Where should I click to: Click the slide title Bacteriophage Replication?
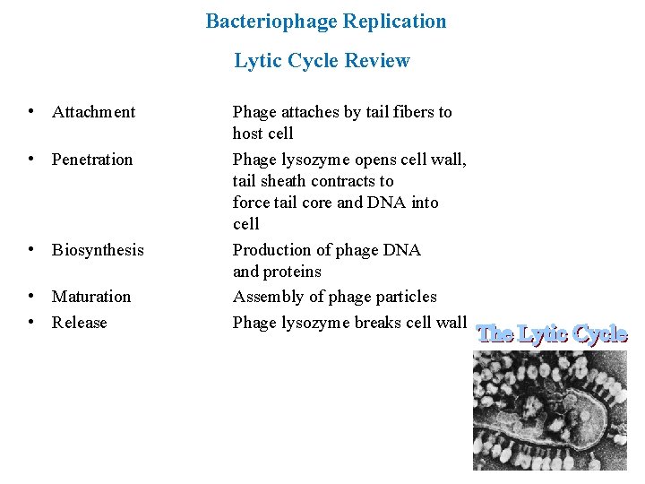click(x=325, y=21)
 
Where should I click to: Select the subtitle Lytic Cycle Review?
click(x=322, y=61)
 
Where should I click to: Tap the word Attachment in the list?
click(x=93, y=112)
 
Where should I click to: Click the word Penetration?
click(x=91, y=160)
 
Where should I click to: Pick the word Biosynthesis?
click(x=97, y=250)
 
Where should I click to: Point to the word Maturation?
click(x=90, y=297)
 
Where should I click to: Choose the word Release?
click(x=79, y=323)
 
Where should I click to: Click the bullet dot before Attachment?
click(x=31, y=112)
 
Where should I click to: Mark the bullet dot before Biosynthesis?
click(x=31, y=249)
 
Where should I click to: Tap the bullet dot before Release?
click(x=31, y=322)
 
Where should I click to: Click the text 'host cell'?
click(x=262, y=134)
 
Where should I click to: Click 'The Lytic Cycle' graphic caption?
click(x=551, y=334)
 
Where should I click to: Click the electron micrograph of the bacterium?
click(x=550, y=410)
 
